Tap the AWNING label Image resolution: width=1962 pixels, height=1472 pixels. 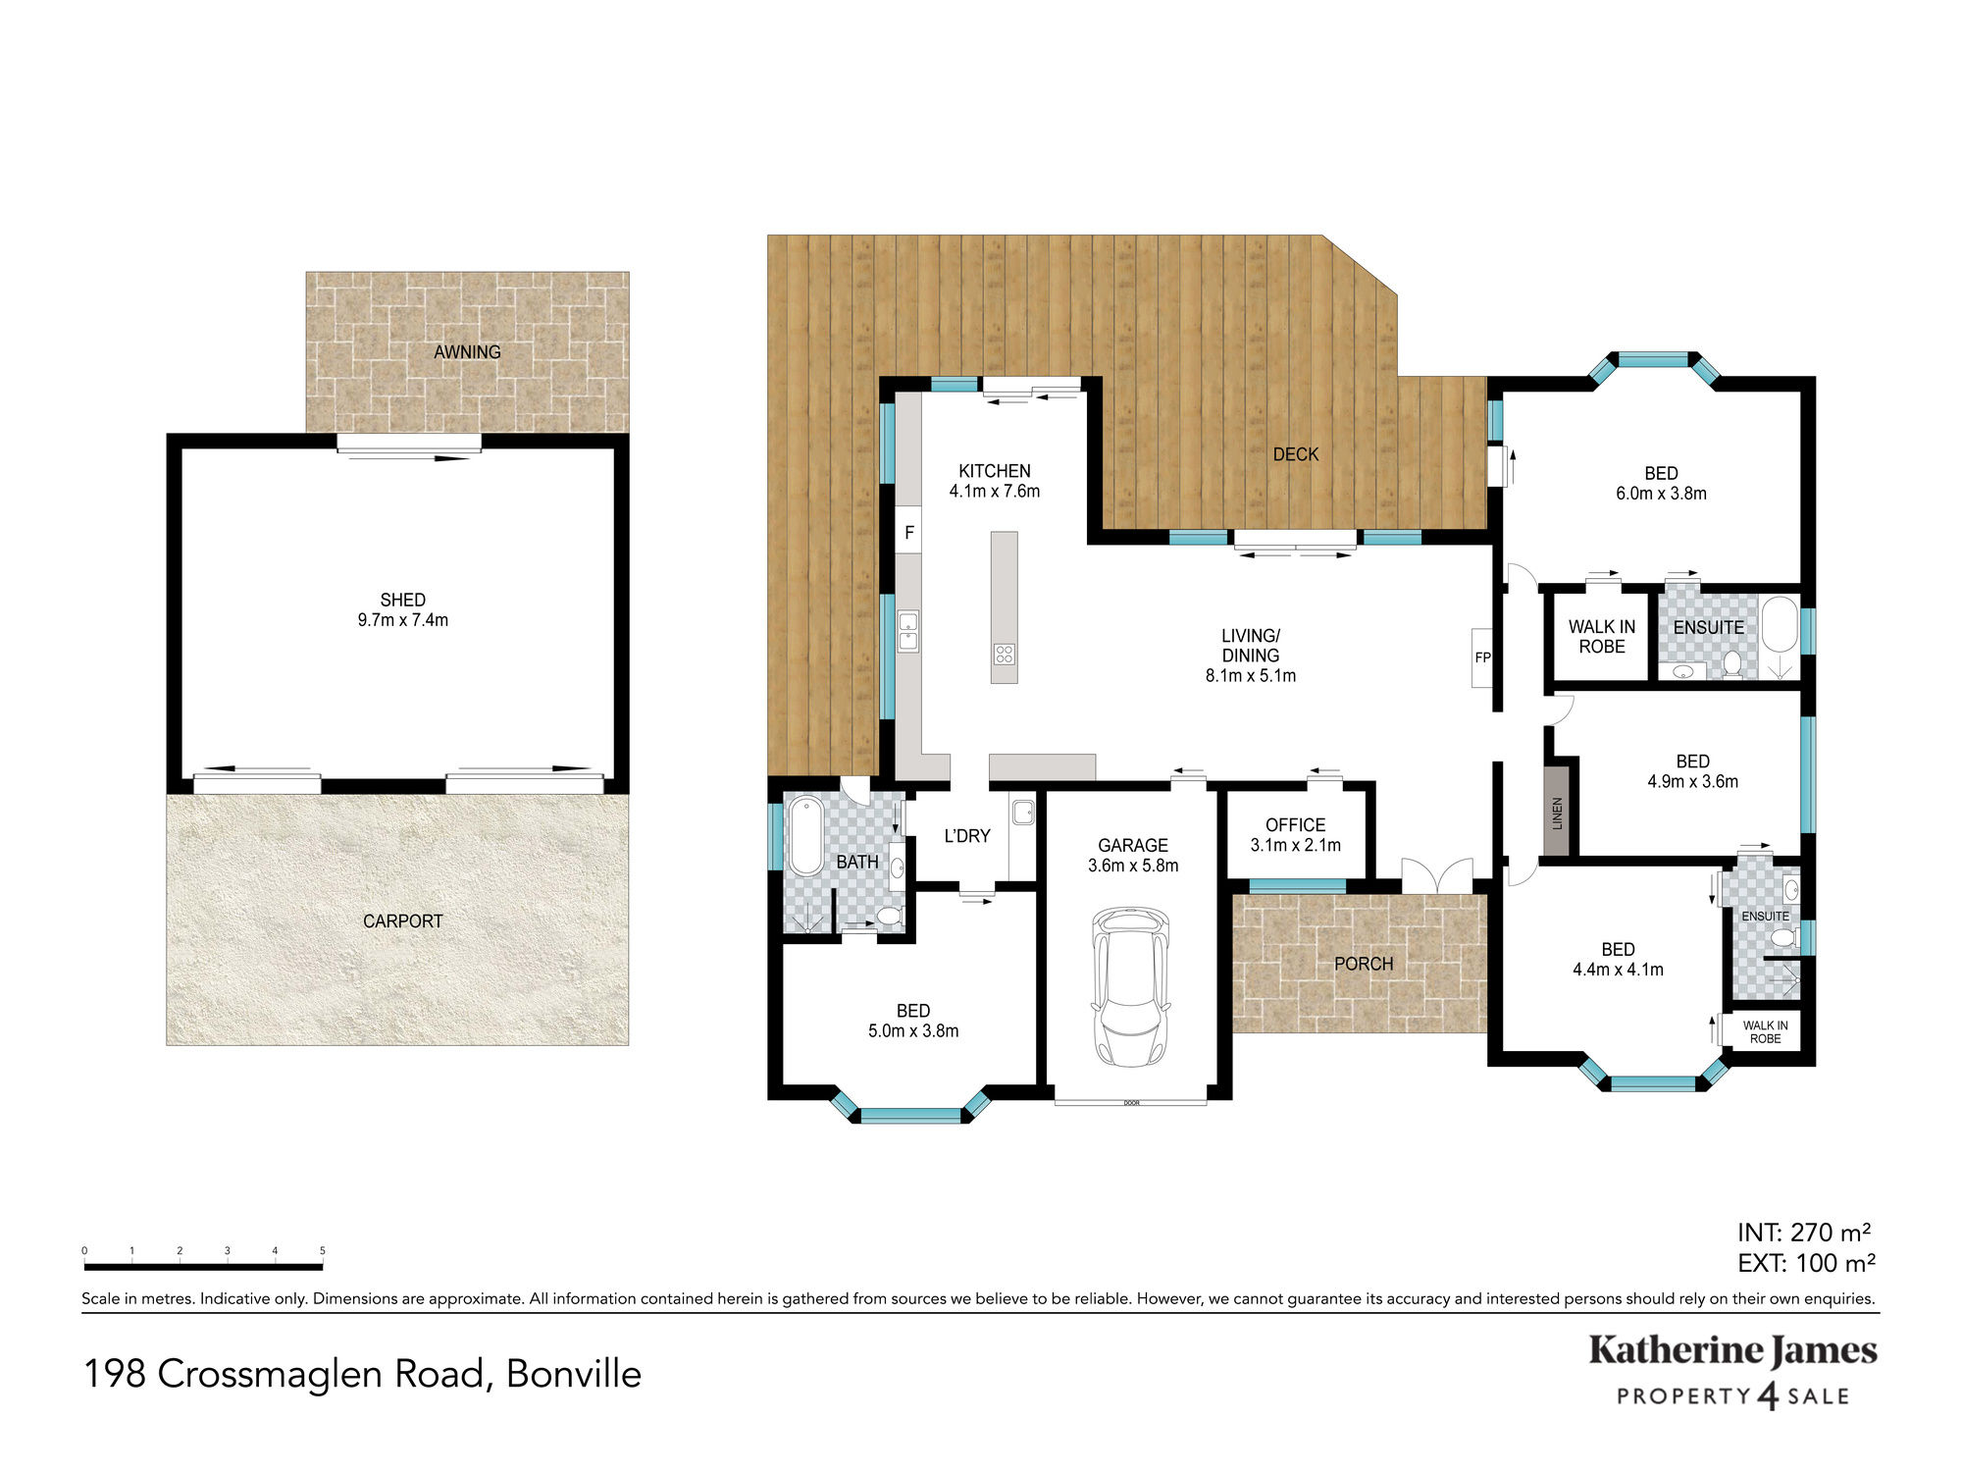coord(467,351)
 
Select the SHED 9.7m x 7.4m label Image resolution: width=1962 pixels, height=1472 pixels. coord(403,609)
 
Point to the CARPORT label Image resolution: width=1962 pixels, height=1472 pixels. coord(403,920)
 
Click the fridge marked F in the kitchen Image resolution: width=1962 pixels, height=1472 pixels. coord(908,531)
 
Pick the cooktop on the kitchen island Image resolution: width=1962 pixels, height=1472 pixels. coord(1004,654)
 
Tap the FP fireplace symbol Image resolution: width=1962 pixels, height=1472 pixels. coord(1481,657)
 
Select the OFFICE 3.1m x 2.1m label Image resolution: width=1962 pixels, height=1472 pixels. coord(1295,835)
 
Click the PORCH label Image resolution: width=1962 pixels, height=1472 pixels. coord(1364,964)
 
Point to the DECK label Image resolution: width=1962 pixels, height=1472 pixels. coord(1296,454)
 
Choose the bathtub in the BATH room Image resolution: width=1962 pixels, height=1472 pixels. coord(806,836)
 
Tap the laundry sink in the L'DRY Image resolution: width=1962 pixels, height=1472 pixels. coord(1023,812)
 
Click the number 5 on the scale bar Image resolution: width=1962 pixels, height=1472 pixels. coord(322,1250)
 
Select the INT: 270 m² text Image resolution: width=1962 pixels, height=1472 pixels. coord(1804,1232)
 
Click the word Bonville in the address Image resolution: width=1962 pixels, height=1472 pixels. coord(574,1374)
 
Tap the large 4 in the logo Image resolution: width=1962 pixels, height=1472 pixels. coord(1769,1395)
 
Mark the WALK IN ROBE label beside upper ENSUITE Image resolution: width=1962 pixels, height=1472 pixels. coord(1602,637)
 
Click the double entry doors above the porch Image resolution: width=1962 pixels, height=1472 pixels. coord(1437,875)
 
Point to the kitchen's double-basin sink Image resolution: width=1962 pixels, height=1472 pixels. coord(908,631)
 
